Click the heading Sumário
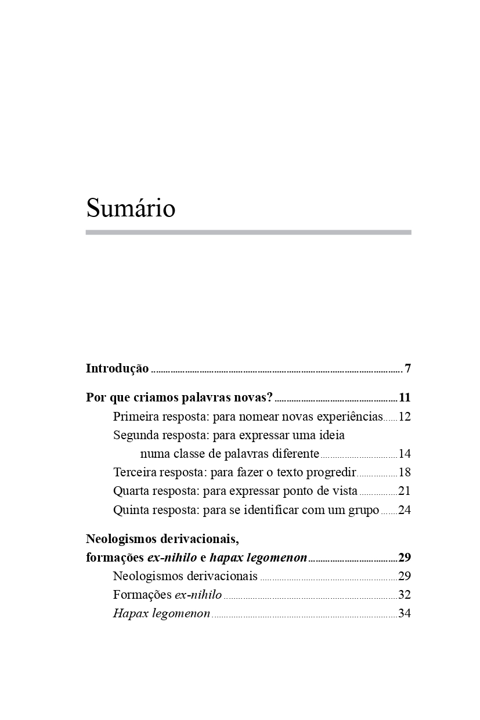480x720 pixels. [x=131, y=208]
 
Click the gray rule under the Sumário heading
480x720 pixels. [x=248, y=233]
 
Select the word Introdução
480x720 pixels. [x=117, y=368]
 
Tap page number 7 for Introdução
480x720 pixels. [x=408, y=368]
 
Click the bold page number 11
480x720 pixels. [x=405, y=398]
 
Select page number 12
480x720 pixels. [x=405, y=417]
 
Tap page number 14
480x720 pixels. [x=405, y=454]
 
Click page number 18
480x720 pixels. [x=405, y=472]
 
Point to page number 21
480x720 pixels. [x=405, y=491]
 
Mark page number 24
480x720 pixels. [x=405, y=511]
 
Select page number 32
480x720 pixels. [x=405, y=595]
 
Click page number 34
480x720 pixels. [x=405, y=613]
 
